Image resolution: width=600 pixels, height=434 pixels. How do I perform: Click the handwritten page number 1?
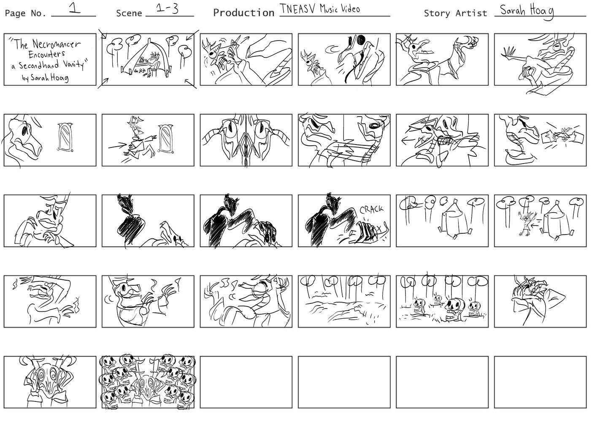[74, 8]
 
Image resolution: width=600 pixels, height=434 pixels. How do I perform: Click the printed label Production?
[244, 13]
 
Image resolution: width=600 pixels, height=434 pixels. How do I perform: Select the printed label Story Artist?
[455, 13]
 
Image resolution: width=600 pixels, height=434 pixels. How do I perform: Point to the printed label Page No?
[25, 13]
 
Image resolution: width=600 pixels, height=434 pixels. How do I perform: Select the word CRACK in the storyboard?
[371, 209]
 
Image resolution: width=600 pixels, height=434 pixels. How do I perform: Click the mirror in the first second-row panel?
[65, 137]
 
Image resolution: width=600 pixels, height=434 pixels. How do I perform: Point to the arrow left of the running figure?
[117, 146]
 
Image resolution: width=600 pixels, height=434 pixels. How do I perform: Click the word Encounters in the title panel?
[46, 55]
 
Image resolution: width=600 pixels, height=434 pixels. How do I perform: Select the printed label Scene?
[129, 13]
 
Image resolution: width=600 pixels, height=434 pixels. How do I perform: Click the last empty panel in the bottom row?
[540, 382]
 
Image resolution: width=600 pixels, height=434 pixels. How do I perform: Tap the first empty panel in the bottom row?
[246, 382]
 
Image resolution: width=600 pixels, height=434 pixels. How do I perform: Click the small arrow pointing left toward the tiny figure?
[535, 226]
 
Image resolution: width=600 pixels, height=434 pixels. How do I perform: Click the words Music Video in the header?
[340, 9]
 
